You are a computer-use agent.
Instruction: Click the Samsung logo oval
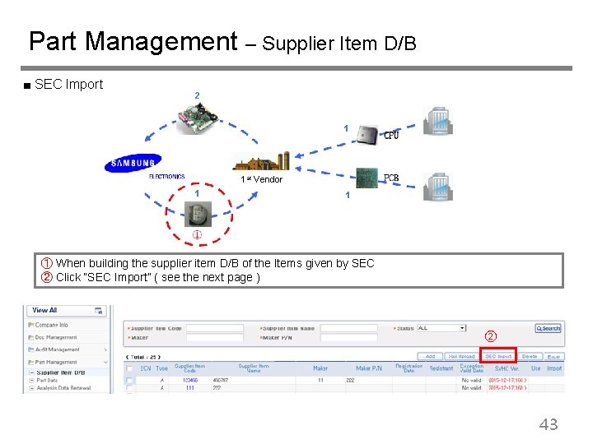tap(133, 164)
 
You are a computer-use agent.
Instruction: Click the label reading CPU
tap(391, 136)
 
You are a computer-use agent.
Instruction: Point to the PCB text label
tap(392, 178)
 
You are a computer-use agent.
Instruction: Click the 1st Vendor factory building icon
tap(261, 161)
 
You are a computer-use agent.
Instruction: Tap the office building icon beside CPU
tap(437, 122)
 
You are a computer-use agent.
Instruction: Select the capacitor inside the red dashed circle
tap(198, 214)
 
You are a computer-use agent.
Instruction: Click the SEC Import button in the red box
tap(497, 356)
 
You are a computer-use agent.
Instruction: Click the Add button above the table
tap(430, 356)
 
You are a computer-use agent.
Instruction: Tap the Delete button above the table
tap(530, 356)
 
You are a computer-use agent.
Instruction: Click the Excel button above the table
tap(553, 356)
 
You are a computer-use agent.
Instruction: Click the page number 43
tap(548, 424)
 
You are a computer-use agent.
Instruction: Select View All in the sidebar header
tap(44, 310)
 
